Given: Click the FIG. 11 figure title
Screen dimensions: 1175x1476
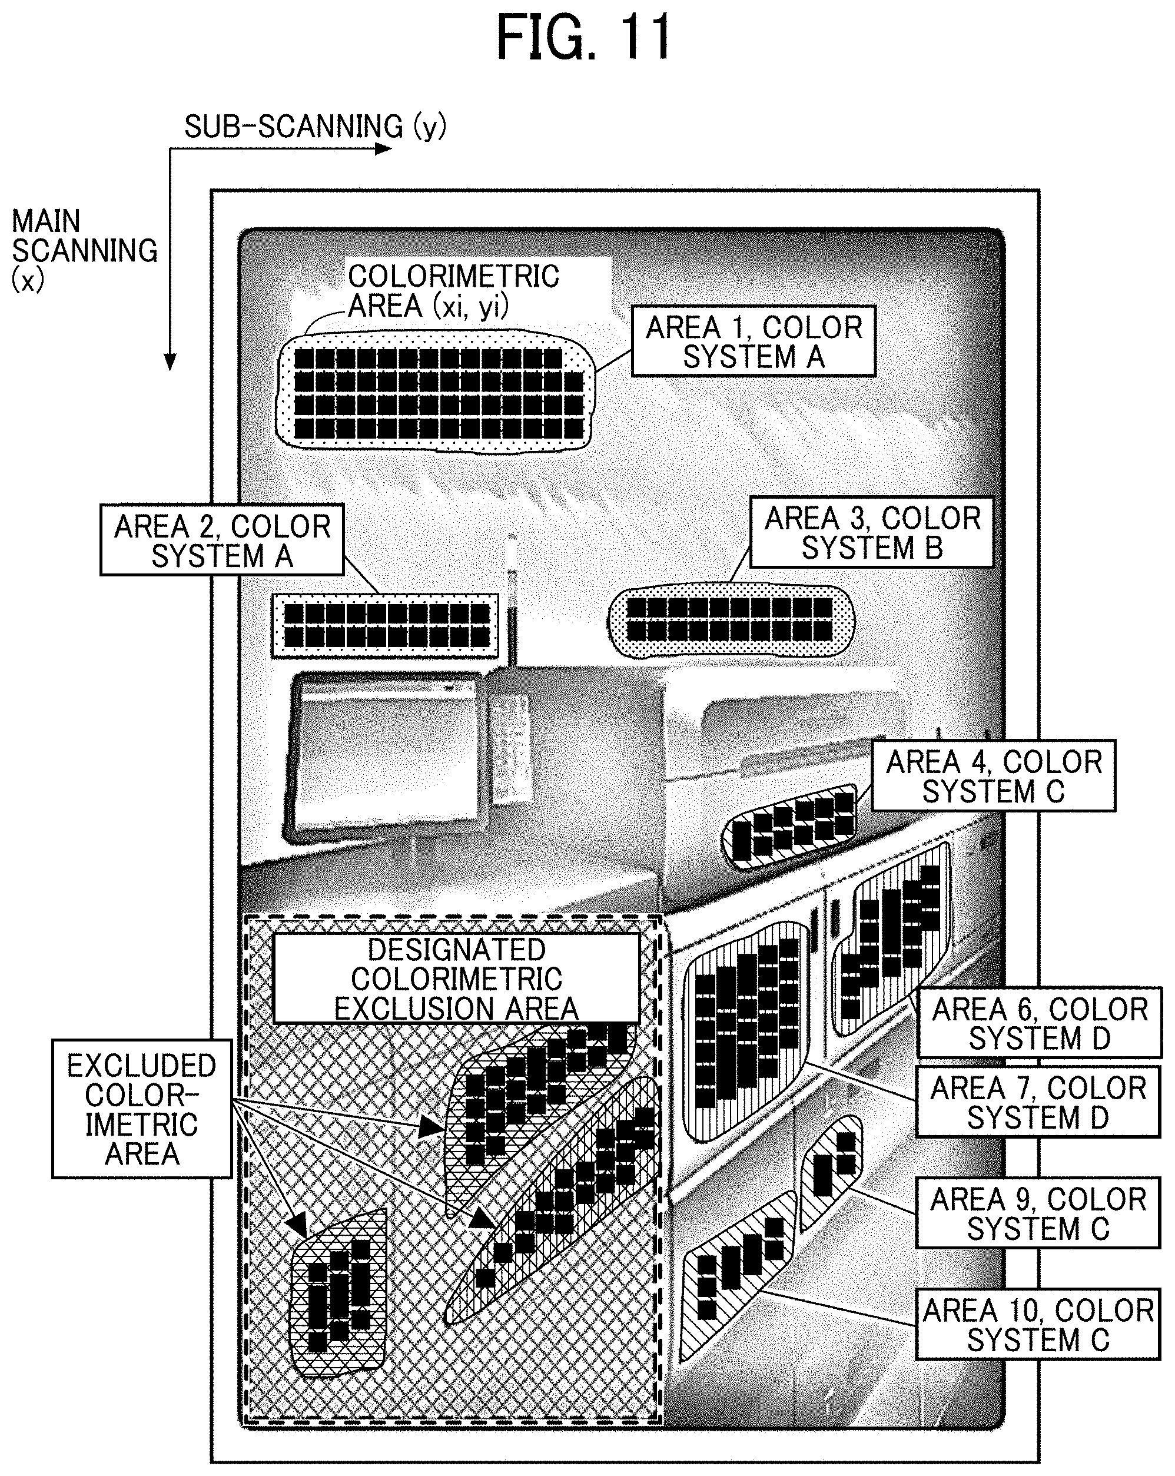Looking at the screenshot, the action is tap(584, 38).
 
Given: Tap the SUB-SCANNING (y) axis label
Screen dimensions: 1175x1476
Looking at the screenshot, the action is tap(316, 127).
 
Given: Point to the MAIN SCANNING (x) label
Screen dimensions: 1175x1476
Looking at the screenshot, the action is tap(84, 251).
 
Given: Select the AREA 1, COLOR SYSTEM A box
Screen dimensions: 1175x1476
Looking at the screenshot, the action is tap(754, 341).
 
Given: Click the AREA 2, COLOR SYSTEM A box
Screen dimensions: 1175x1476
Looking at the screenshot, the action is tap(222, 540).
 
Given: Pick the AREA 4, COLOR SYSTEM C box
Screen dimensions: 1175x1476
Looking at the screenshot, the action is tap(994, 775).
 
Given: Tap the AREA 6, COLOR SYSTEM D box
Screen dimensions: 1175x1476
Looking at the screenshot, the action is tap(1040, 1023).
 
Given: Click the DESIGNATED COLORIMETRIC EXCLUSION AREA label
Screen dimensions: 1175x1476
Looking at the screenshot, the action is tap(456, 979).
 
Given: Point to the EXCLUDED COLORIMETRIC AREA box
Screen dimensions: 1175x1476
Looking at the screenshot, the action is tap(142, 1109).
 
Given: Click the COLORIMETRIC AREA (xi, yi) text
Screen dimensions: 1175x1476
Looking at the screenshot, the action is tap(454, 291).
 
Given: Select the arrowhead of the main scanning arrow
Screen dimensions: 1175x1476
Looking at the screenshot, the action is tap(170, 362).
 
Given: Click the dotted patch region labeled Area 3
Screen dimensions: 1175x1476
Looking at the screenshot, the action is tap(731, 620).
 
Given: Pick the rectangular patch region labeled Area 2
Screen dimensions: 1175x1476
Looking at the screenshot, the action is tap(385, 626).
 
